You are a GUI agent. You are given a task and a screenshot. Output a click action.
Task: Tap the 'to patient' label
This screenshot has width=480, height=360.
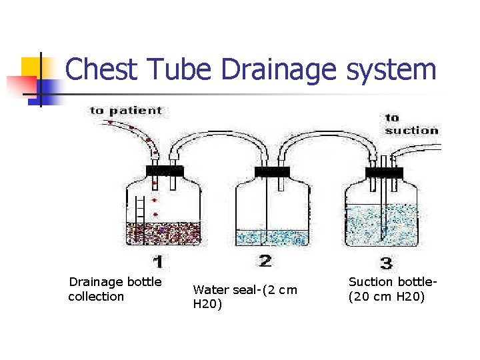(126, 111)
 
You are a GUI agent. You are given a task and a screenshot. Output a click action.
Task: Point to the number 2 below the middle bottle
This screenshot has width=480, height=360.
(265, 260)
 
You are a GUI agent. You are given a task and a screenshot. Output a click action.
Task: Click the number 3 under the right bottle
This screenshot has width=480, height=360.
(385, 262)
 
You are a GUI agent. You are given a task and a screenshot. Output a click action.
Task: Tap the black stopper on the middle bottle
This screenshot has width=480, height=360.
(272, 171)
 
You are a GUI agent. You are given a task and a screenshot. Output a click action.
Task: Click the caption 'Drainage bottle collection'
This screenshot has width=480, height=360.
(115, 289)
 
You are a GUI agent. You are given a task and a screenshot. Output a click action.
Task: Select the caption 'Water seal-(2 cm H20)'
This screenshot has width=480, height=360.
(245, 297)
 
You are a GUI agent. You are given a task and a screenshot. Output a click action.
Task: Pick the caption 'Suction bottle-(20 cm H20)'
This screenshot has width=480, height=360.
(393, 289)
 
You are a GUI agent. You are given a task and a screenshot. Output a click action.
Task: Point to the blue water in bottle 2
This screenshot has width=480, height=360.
(272, 237)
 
